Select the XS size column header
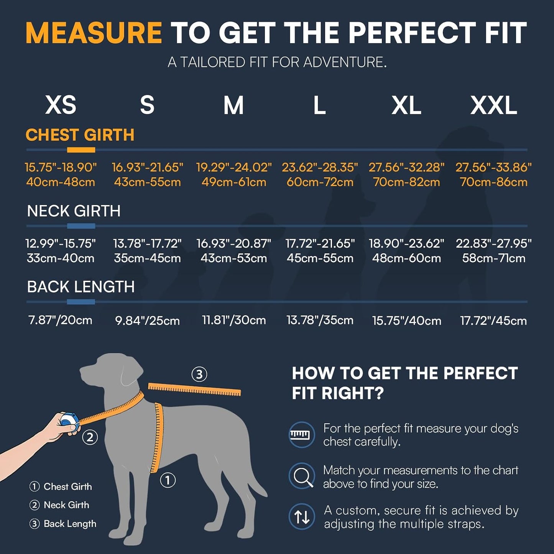[x=61, y=105]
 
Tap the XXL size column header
[x=494, y=105]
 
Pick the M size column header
[x=233, y=105]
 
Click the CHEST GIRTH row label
[x=80, y=135]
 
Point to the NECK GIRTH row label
[x=74, y=211]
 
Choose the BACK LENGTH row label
[x=81, y=287]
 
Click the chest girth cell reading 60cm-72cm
[x=320, y=182]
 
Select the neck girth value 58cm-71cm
[x=494, y=258]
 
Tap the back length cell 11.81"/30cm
[x=234, y=320]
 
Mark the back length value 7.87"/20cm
[x=60, y=320]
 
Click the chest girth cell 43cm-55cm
[x=148, y=182]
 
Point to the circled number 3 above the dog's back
[x=199, y=374]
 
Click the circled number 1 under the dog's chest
[x=168, y=480]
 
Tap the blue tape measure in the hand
[x=69, y=422]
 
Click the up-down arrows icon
[x=302, y=517]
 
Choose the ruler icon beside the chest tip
[x=302, y=435]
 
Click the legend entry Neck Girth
[x=59, y=505]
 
